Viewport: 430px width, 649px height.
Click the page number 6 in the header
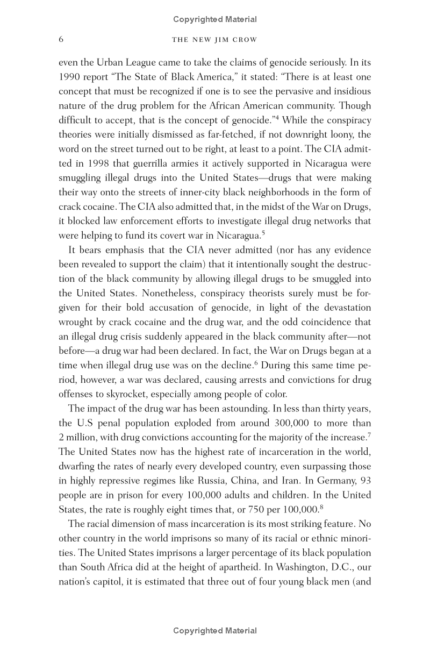point(61,40)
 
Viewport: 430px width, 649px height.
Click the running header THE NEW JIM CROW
point(214,40)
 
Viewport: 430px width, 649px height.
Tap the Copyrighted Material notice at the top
point(214,19)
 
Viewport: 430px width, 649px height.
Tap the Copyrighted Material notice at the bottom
point(214,631)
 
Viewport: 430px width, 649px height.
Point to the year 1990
point(69,77)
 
